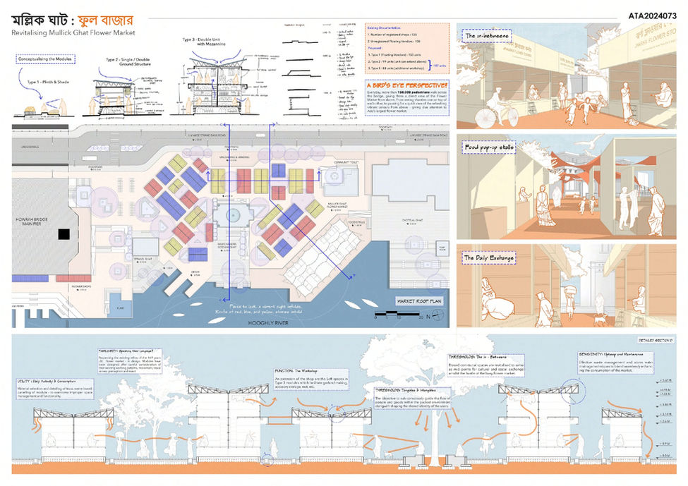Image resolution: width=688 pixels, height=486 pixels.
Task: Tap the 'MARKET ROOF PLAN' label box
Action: [418, 301]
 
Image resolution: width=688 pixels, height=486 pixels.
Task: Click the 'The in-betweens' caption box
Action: [488, 36]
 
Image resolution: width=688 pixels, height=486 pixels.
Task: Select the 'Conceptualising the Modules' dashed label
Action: [47, 68]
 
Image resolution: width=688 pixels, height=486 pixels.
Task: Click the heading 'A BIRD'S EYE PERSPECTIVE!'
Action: [407, 85]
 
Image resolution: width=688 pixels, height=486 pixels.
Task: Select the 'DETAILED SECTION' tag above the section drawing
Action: [655, 341]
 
